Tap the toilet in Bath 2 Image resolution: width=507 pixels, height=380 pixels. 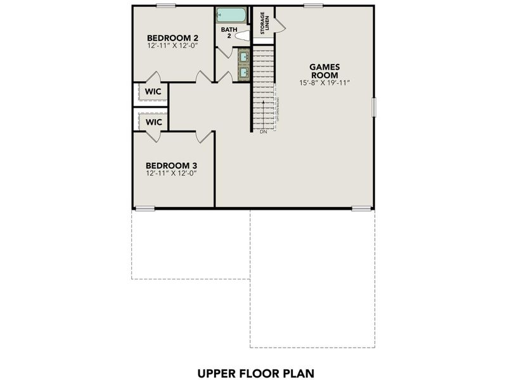[x=241, y=37]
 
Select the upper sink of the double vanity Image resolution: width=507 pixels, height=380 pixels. [x=243, y=57]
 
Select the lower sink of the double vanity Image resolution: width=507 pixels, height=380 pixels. [x=243, y=72]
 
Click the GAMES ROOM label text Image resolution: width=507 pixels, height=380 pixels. [x=325, y=70]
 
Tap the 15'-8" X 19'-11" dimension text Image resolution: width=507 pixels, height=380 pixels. [x=325, y=83]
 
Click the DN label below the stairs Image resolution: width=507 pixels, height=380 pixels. [x=263, y=132]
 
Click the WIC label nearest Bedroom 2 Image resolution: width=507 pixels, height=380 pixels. [x=153, y=92]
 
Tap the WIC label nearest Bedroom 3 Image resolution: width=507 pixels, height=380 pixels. [x=153, y=122]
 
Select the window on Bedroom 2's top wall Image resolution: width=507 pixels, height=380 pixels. [x=166, y=6]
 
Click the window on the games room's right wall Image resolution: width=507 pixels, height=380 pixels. [x=373, y=106]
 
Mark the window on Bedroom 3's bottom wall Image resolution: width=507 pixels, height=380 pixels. [x=145, y=208]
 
